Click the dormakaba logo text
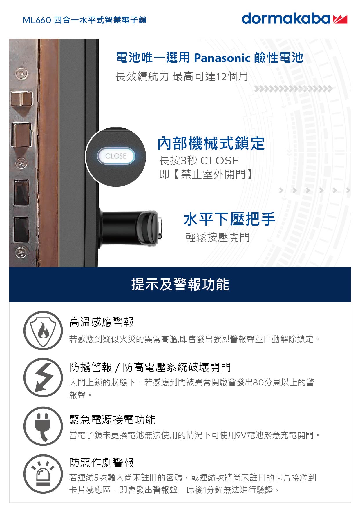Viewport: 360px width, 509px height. click(x=286, y=19)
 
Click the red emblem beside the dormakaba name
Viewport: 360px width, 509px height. click(x=340, y=19)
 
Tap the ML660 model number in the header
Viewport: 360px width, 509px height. click(x=37, y=20)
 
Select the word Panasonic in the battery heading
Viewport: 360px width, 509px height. click(x=222, y=58)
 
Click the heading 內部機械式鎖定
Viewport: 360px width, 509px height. click(x=211, y=144)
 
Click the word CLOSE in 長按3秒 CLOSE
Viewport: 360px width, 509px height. click(x=219, y=161)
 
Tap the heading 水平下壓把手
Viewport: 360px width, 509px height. click(x=229, y=219)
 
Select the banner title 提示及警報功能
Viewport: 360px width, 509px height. click(x=180, y=284)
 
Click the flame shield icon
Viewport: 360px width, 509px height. click(x=43, y=330)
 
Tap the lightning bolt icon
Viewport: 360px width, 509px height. click(x=43, y=377)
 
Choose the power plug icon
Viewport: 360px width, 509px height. click(x=43, y=426)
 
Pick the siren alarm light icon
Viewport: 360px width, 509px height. click(x=43, y=474)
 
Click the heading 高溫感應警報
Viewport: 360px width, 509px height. click(x=102, y=322)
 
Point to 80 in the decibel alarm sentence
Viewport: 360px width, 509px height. click(x=258, y=383)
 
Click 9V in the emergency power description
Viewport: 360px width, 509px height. click(x=241, y=435)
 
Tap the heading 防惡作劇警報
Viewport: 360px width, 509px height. click(x=102, y=462)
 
